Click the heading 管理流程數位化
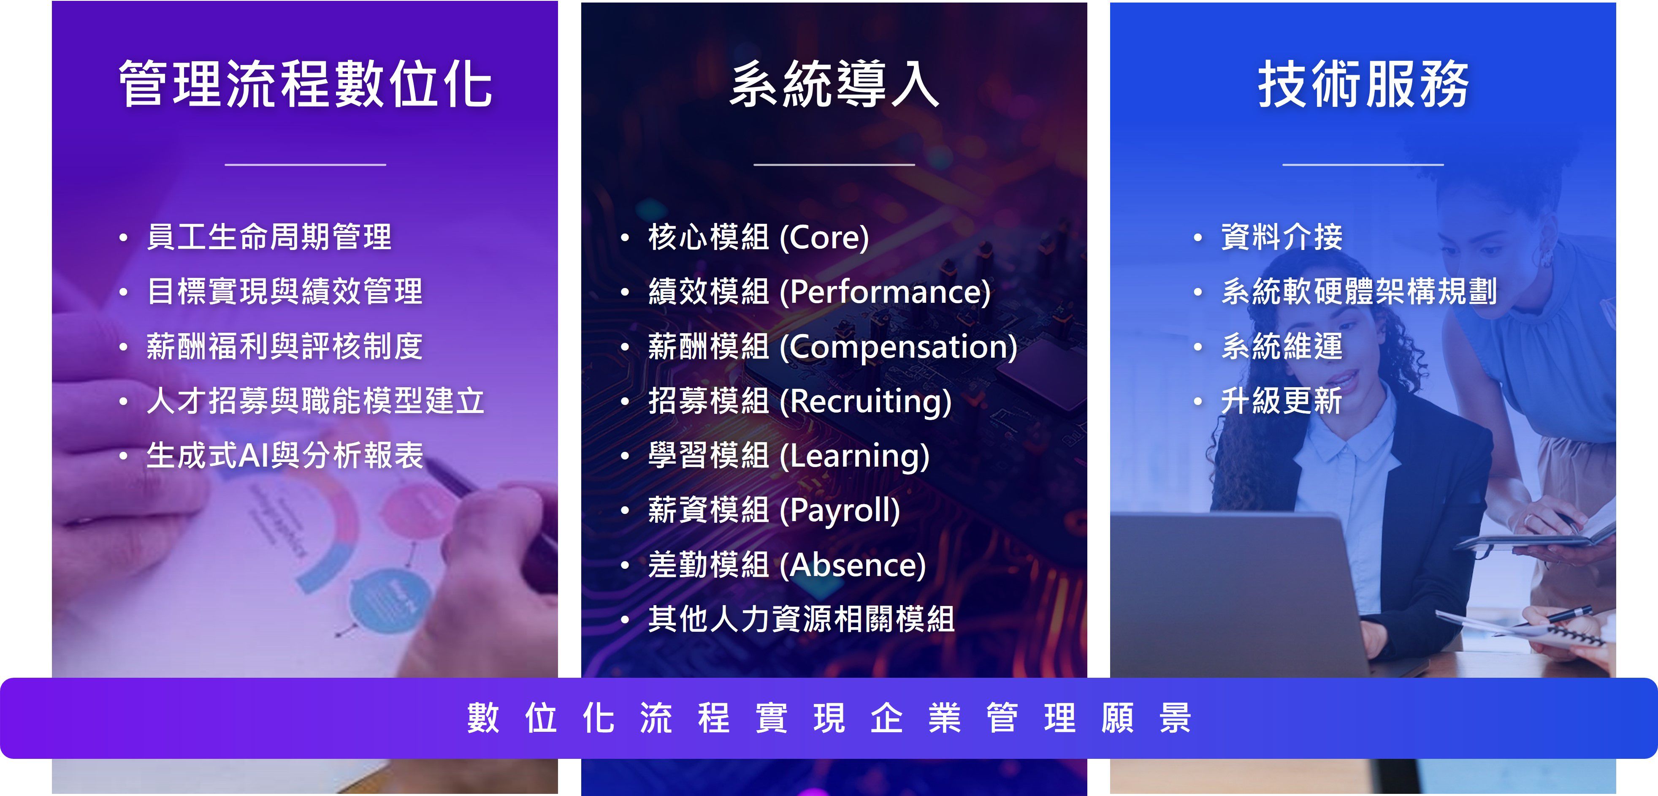click(x=305, y=84)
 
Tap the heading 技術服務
click(x=1363, y=84)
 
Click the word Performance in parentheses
click(x=885, y=292)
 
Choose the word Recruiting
click(x=866, y=401)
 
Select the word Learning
click(x=855, y=456)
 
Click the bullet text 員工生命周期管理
click(x=269, y=237)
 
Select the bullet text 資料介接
click(x=1282, y=237)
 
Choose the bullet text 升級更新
click(x=1282, y=401)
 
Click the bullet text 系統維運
click(x=1282, y=346)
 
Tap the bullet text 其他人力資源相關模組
click(x=801, y=619)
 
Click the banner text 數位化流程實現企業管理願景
click(x=829, y=718)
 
